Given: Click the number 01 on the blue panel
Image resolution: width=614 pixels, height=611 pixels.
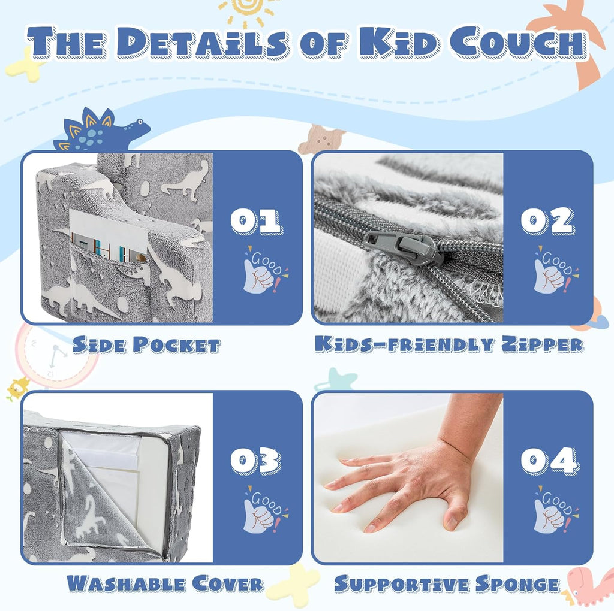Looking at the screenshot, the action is [256, 221].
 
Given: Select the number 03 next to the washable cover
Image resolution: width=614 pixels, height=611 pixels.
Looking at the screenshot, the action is [255, 461].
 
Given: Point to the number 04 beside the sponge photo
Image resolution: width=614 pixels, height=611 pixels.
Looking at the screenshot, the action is [549, 461].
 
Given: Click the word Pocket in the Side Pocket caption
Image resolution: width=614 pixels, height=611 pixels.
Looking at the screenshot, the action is [176, 345].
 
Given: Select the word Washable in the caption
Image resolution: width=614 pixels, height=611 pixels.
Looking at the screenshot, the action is [126, 583].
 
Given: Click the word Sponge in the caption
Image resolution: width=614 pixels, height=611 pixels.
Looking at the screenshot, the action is [518, 584].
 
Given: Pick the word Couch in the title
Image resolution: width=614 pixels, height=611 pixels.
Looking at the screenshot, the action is [517, 43].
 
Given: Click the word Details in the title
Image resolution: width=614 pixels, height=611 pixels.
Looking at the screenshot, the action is [202, 43].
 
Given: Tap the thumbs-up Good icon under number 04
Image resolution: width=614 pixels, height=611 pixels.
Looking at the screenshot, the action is [556, 510].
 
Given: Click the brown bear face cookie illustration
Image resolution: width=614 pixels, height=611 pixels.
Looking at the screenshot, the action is [321, 139].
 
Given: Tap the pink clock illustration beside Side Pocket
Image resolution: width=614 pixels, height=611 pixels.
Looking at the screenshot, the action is [54, 355].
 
